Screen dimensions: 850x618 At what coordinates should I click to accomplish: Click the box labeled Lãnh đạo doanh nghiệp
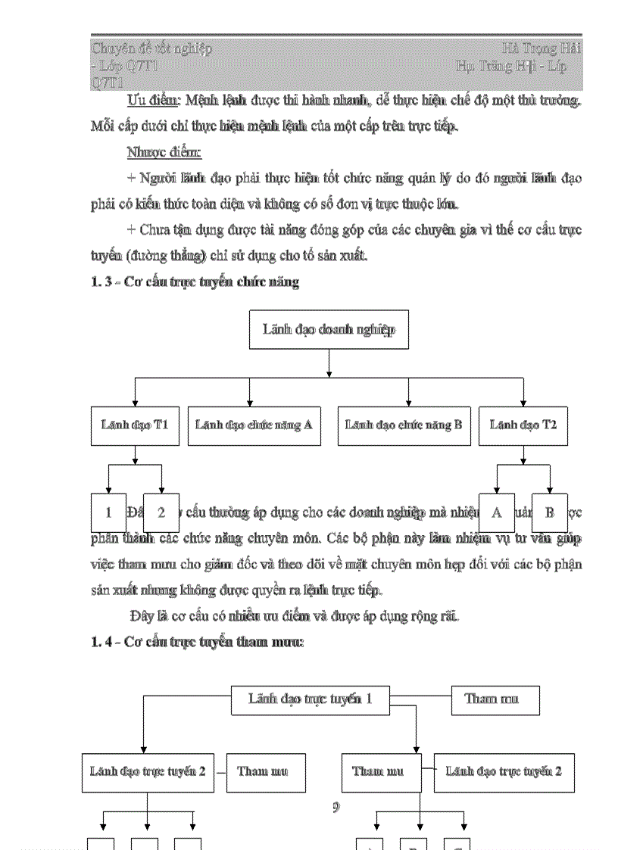pos(329,329)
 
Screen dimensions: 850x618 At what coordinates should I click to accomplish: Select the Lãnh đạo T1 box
pos(135,425)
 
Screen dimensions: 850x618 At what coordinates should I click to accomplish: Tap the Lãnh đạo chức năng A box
pos(254,425)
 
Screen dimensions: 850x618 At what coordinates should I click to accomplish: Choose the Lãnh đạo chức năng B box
pos(403,425)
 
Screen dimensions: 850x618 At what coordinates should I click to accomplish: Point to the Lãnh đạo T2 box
pos(523,425)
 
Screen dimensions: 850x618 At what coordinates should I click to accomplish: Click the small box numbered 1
pos(108,512)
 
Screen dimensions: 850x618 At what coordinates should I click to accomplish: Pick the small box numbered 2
pos(161,512)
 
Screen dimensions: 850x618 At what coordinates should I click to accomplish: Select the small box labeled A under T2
pos(496,512)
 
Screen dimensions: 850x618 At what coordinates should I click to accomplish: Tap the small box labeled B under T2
pos(550,512)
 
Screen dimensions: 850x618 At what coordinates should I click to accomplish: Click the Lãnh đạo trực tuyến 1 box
pos(310,699)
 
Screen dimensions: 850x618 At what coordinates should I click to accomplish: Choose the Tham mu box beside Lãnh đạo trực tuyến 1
pos(495,699)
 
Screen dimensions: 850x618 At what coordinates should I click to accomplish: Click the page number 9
pos(336,807)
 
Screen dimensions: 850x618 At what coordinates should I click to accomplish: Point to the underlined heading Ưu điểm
pos(154,101)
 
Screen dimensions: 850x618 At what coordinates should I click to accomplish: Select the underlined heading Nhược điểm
pos(164,152)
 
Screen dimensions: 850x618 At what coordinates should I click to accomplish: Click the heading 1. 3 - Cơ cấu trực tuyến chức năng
pos(195,282)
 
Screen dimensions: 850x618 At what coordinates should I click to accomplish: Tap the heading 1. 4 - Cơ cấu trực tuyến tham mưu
pos(197,642)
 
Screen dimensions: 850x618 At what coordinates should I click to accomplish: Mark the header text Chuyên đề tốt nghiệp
pos(151,48)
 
